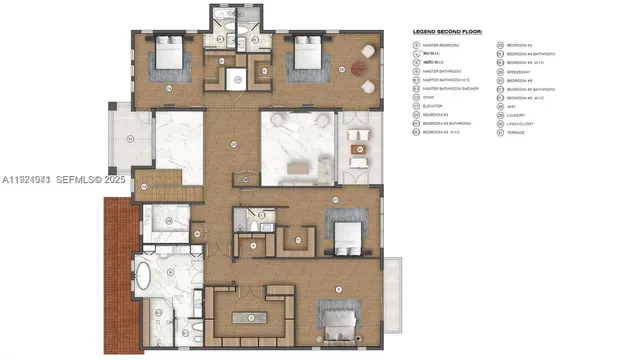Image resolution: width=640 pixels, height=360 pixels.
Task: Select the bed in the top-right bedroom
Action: [x=303, y=59]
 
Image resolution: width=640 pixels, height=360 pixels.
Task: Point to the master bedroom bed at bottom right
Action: [x=340, y=322]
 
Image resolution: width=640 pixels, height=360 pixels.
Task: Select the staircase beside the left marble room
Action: [x=160, y=184]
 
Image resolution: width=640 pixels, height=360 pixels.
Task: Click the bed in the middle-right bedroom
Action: [x=345, y=237]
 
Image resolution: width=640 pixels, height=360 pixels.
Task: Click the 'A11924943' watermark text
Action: [x=26, y=180]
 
